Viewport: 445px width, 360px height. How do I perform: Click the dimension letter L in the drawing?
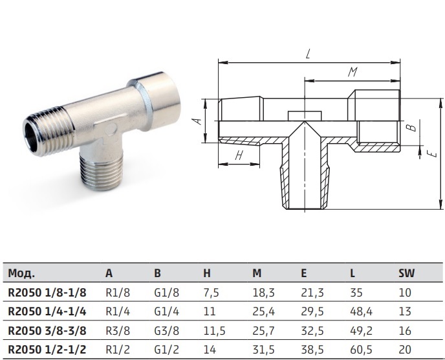pos(309,54)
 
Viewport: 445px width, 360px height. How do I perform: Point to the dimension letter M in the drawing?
pos(353,72)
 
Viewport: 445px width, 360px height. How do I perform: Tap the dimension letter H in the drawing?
pos(239,155)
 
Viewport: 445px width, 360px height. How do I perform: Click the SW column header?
pos(406,273)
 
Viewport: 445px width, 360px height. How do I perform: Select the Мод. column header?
pos(21,273)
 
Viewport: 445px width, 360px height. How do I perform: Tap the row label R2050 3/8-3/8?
pos(47,331)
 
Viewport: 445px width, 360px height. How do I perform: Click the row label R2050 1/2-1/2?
pos(47,350)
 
